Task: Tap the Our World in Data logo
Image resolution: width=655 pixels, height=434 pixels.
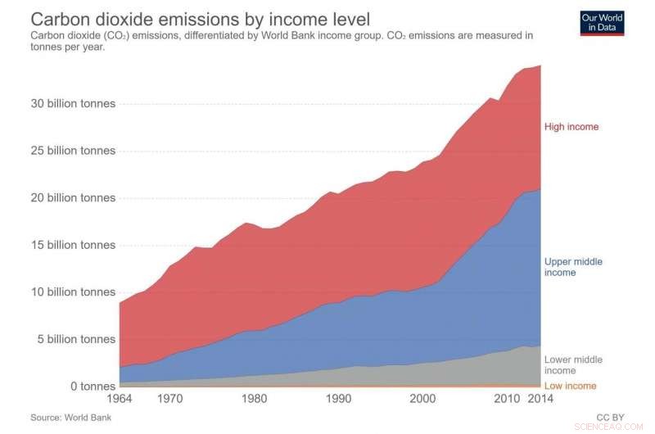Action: (x=602, y=22)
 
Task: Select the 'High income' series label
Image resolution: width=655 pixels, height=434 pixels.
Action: (x=571, y=127)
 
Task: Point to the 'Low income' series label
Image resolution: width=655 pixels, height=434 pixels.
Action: (x=571, y=386)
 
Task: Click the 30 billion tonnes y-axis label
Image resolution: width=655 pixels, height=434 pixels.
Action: (x=74, y=104)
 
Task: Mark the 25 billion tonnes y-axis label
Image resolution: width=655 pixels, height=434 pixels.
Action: (x=74, y=151)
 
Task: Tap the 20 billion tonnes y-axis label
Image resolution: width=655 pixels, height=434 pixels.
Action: (x=74, y=198)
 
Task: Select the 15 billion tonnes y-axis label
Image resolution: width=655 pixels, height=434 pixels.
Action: (x=74, y=245)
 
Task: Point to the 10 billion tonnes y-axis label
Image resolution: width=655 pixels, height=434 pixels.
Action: (x=74, y=292)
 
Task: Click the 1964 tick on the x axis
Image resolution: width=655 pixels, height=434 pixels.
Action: (x=120, y=399)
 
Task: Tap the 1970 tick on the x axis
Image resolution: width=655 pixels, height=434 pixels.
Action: (x=170, y=399)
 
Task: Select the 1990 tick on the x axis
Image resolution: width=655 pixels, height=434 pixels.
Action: (x=338, y=399)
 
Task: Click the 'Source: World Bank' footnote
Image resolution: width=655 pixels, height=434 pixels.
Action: (x=70, y=418)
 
